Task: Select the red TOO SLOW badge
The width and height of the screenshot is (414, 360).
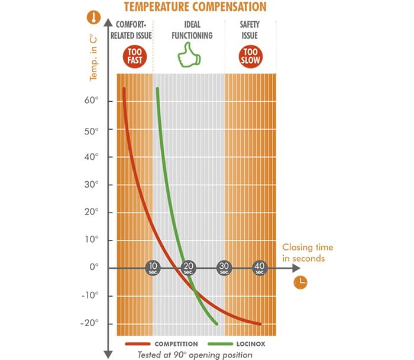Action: point(250,57)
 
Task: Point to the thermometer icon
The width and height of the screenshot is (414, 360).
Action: point(92,17)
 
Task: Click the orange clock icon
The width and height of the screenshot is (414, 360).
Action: point(300,282)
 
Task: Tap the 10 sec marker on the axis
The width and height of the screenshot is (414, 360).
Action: point(153,268)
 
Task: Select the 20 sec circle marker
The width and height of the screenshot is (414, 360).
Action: point(189,268)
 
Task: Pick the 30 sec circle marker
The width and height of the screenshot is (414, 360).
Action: point(224,268)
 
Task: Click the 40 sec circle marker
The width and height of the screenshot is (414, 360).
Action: point(260,268)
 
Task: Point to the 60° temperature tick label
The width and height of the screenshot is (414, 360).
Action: point(91,101)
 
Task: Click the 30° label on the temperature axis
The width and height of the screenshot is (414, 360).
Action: point(91,184)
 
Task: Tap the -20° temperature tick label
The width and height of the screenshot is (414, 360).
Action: point(89,323)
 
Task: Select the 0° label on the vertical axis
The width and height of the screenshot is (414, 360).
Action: point(93,268)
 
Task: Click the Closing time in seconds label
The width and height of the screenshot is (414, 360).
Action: point(308,253)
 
